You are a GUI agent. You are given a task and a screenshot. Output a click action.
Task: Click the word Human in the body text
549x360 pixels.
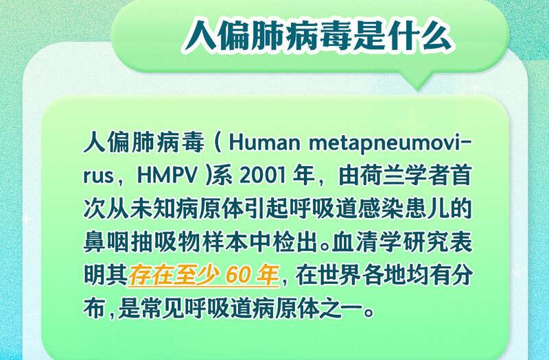(265, 143)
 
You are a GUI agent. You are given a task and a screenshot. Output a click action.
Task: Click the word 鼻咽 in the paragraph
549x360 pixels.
(106, 242)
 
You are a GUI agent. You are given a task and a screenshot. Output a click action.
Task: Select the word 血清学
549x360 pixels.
(366, 242)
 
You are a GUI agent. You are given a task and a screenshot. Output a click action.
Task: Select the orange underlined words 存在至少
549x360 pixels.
(174, 275)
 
